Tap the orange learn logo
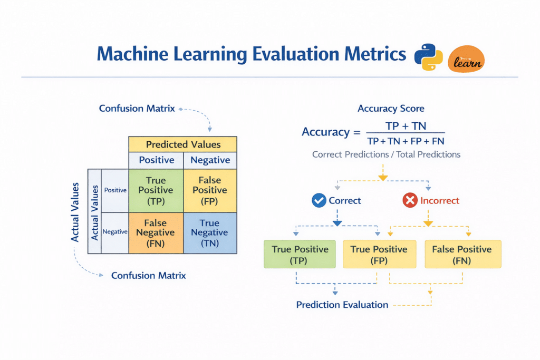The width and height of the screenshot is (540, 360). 466,59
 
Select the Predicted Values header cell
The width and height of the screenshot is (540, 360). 183,144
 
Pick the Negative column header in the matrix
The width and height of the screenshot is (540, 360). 210,160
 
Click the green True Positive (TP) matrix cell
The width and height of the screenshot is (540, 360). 156,190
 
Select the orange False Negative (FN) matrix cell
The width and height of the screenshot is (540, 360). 156,232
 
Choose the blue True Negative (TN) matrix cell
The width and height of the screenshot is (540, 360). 210,232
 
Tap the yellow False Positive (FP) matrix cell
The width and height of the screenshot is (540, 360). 210,190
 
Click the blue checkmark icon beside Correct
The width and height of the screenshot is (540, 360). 319,200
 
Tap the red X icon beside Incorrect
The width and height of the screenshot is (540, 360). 410,200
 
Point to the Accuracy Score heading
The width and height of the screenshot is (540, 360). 391,109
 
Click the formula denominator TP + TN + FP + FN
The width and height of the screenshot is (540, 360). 405,141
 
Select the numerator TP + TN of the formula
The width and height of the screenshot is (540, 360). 405,126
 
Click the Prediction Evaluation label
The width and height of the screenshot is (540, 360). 342,305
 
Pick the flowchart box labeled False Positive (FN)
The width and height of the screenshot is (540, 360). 462,255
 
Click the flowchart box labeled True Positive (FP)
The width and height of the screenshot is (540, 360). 379,255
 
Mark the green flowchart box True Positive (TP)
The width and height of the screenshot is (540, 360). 300,255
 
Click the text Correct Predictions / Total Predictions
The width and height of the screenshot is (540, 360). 386,154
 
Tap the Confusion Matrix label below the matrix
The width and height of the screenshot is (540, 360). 148,276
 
